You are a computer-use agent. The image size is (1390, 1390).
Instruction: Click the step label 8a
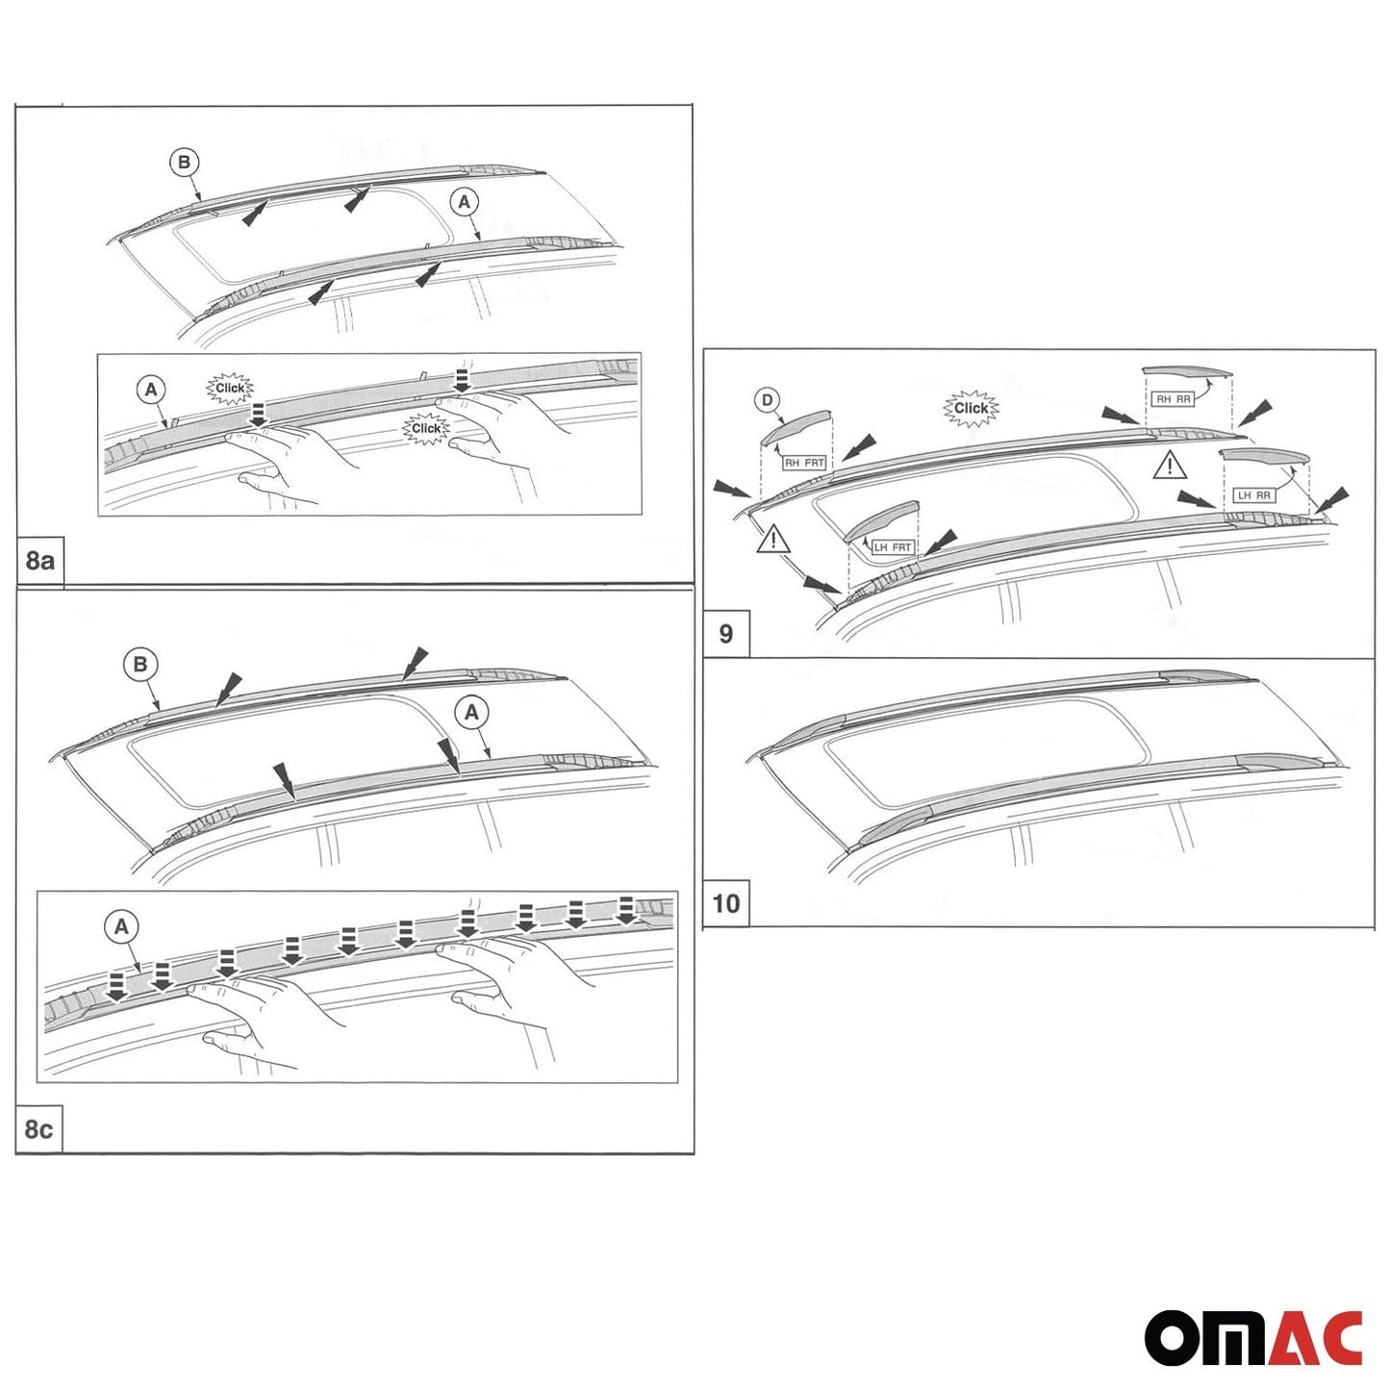click(x=39, y=561)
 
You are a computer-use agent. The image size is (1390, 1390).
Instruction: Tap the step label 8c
click(x=38, y=1128)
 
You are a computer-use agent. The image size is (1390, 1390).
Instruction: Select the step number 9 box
click(x=726, y=634)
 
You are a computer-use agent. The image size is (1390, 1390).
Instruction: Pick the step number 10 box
click(x=726, y=903)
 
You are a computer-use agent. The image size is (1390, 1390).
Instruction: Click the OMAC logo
click(x=1252, y=1337)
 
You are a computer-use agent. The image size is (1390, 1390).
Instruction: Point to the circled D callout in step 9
click(x=767, y=400)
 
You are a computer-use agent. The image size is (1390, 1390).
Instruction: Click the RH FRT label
click(x=804, y=463)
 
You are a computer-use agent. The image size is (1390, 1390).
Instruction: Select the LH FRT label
click(x=893, y=547)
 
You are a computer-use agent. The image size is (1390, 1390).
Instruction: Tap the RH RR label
click(x=1173, y=399)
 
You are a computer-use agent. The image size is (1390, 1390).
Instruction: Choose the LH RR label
click(x=1253, y=495)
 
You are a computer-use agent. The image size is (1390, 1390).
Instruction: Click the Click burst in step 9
click(x=971, y=408)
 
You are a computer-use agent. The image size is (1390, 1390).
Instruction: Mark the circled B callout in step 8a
click(x=184, y=163)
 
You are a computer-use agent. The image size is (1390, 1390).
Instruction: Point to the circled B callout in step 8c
click(x=140, y=664)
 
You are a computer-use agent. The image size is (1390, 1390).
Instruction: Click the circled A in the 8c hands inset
click(x=121, y=926)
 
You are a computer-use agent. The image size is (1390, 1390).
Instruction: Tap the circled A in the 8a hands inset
click(x=151, y=390)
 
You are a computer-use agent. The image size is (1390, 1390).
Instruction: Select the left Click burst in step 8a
click(x=230, y=389)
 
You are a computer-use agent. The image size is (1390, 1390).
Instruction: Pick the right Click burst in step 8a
click(x=426, y=428)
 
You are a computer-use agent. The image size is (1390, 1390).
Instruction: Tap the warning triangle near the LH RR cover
click(x=1170, y=466)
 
